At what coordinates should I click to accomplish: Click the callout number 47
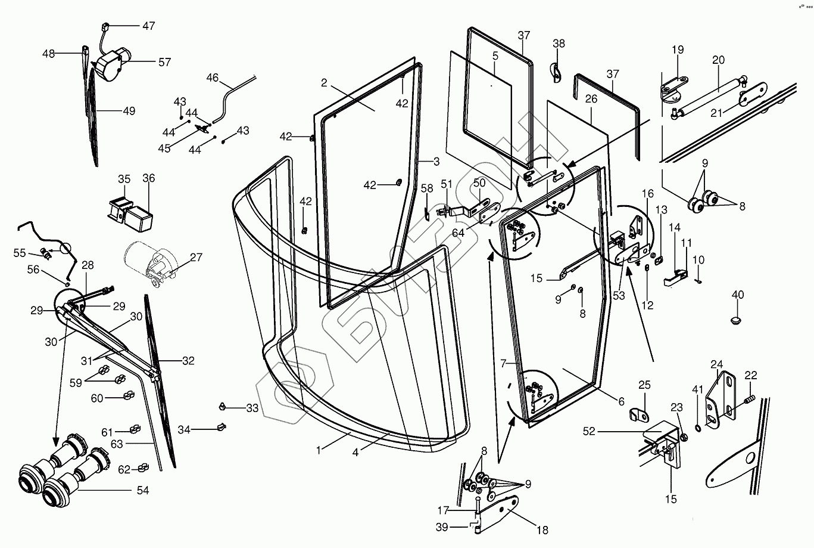[x=149, y=26]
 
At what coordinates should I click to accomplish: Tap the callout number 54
[x=143, y=491]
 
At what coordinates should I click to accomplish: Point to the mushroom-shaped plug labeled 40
[x=736, y=321]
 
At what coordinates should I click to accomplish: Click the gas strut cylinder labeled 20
[x=709, y=96]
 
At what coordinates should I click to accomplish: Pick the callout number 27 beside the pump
[x=196, y=257]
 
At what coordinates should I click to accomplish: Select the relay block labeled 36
[x=139, y=218]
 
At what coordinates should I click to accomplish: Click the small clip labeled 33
[x=222, y=407]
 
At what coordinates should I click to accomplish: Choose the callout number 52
[x=589, y=432]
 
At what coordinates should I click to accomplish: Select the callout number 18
[x=542, y=530]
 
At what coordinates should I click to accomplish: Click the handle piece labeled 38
[x=556, y=73]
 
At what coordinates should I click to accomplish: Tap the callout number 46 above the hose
[x=213, y=78]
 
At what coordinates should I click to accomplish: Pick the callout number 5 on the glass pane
[x=495, y=56]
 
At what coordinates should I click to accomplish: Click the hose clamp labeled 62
[x=143, y=467]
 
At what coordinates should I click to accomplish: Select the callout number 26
[x=591, y=98]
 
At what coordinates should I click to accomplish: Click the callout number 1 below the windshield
[x=319, y=450]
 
